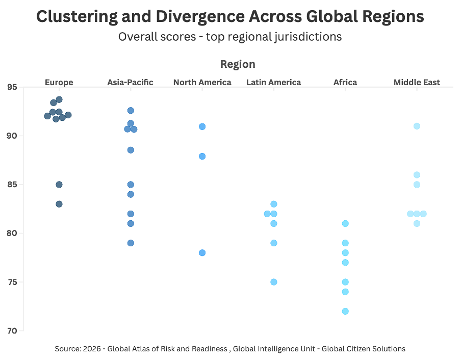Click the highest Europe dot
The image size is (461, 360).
pos(59,99)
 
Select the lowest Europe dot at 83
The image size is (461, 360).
pos(59,204)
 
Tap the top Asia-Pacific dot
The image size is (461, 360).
pos(131,110)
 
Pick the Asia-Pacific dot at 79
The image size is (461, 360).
pos(131,243)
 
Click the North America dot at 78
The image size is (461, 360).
pos(202,252)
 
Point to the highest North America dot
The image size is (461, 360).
pos(202,126)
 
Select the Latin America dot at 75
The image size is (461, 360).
pos(273,282)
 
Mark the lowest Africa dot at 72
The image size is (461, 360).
pos(345,311)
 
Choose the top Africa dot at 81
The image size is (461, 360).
pos(345,223)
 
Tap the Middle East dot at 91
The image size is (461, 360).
pos(417,126)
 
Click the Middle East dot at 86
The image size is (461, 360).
pos(417,175)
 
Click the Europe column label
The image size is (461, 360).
pos(59,82)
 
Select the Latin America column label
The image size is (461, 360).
pos(273,82)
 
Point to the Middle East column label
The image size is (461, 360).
pos(417,82)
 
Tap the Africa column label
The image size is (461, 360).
pos(345,82)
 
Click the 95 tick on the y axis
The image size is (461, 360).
pos(12,87)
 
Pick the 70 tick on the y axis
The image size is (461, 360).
pos(12,331)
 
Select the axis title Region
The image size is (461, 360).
pos(238,64)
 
